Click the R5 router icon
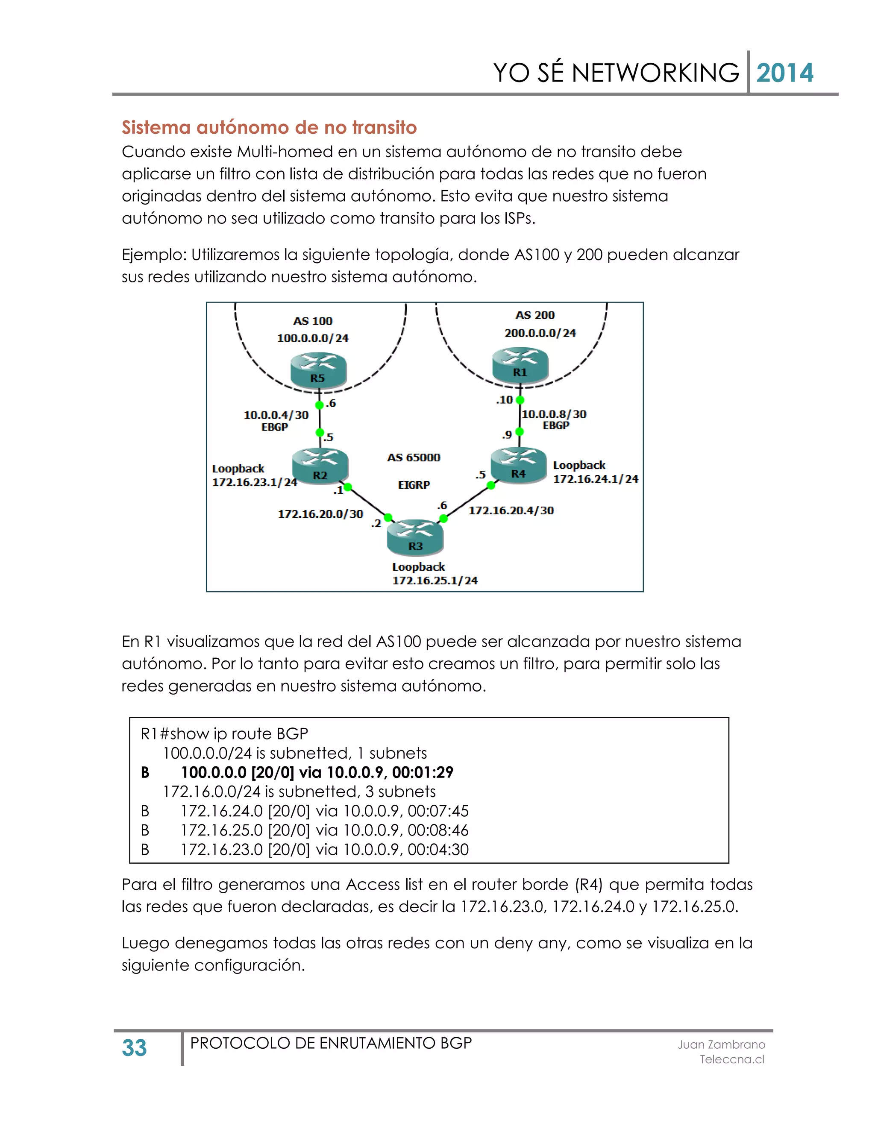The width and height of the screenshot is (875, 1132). pyautogui.click(x=318, y=370)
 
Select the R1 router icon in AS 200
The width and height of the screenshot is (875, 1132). pyautogui.click(x=520, y=365)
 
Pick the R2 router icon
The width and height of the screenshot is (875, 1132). pyautogui.click(x=320, y=466)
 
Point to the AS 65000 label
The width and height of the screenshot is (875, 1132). pyautogui.click(x=413, y=457)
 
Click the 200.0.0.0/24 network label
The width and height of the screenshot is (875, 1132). pyautogui.click(x=540, y=333)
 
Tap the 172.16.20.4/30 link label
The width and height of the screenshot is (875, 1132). pyautogui.click(x=511, y=510)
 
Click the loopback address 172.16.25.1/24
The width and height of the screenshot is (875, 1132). pyautogui.click(x=435, y=581)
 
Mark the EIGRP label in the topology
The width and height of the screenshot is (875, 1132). pyautogui.click(x=414, y=485)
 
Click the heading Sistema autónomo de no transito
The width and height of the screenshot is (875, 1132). pyautogui.click(x=269, y=127)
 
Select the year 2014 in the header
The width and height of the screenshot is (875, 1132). pyautogui.click(x=784, y=73)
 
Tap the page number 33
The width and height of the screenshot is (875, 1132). pyautogui.click(x=134, y=1047)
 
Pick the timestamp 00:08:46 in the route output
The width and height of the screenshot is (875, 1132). pyautogui.click(x=437, y=830)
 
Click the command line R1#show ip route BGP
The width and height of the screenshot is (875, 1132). pyautogui.click(x=224, y=733)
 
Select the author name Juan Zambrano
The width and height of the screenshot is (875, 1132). pyautogui.click(x=721, y=1044)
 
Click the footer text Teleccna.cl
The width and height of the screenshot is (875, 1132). pyautogui.click(x=731, y=1059)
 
